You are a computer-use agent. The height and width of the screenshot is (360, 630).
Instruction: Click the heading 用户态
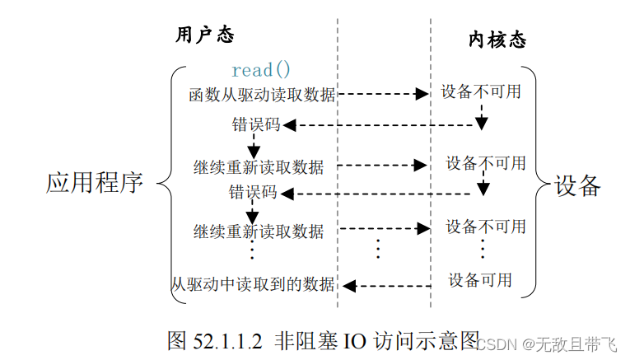pos(205,35)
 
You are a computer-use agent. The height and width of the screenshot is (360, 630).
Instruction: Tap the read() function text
pos(260,70)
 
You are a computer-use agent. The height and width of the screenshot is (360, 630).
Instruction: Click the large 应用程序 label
pos(95,183)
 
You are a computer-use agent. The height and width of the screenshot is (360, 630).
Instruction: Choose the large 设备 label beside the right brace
pos(577,185)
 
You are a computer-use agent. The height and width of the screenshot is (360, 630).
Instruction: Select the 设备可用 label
pos(480,280)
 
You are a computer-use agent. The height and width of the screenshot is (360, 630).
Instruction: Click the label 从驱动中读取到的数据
pos(254,285)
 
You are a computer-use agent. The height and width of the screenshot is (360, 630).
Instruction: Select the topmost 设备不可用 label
pos(481,91)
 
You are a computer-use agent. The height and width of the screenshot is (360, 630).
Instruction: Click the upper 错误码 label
pos(255,125)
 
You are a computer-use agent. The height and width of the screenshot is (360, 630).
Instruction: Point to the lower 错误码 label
pos(252,193)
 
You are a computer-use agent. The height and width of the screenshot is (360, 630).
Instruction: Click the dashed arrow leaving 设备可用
pos(387,286)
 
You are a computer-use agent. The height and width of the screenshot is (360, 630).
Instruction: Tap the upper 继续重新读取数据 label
pos(259,166)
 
